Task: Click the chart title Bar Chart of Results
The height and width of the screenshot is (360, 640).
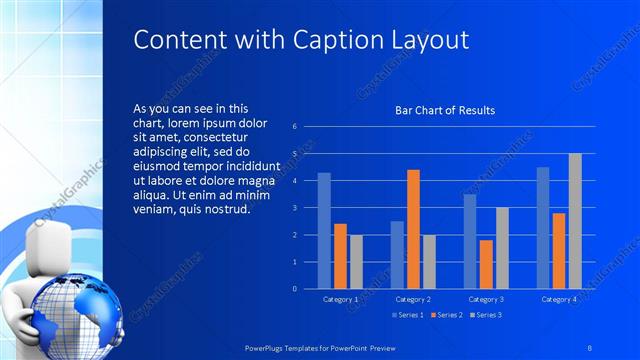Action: tap(445, 110)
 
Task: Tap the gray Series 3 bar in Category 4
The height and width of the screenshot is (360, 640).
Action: tap(575, 221)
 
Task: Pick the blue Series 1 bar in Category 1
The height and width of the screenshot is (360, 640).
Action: tap(324, 230)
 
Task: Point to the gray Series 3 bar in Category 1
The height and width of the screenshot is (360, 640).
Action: tap(356, 261)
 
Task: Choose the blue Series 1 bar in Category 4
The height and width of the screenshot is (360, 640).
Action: tap(543, 227)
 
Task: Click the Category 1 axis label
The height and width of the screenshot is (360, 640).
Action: tap(340, 299)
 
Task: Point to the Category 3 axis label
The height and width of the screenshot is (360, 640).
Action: tap(486, 299)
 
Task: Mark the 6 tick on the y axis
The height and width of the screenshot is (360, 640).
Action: tap(295, 127)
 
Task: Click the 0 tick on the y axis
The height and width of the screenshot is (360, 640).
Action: tap(295, 288)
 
